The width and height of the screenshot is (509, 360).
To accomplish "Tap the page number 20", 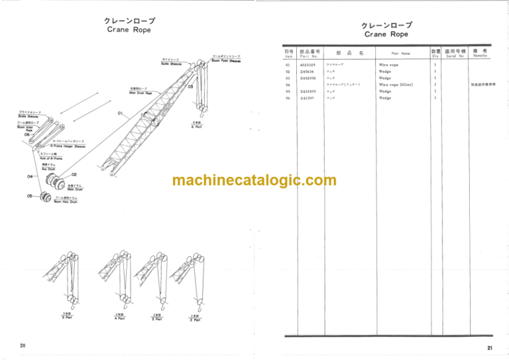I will click(23, 345).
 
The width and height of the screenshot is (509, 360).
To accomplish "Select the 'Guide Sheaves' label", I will click(171, 63).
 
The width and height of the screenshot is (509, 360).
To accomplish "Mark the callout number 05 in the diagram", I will click(30, 196).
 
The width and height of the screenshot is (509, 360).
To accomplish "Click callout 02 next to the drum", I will click(74, 174).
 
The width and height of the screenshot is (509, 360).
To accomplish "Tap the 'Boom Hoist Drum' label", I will click(66, 200).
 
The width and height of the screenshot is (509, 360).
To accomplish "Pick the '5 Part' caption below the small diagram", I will click(67, 318).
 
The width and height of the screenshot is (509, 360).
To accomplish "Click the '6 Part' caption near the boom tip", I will click(197, 126).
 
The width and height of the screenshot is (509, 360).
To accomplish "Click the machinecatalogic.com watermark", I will click(254, 180).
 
